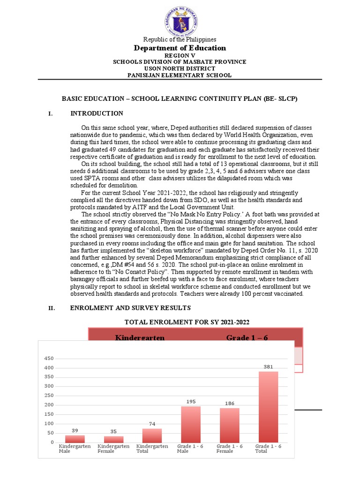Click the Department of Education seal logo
pyautogui.click(x=180, y=19)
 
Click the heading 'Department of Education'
pyautogui.click(x=180, y=48)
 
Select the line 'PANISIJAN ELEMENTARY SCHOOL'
pyautogui.click(x=180, y=75)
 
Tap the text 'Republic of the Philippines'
pyautogui.click(x=180, y=39)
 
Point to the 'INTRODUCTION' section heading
pyautogui.click(x=97, y=113)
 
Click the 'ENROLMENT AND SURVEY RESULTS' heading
pyautogui.click(x=130, y=308)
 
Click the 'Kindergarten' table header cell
pyautogui.click(x=140, y=337)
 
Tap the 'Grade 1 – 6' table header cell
pyautogui.click(x=247, y=337)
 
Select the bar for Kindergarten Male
pyautogui.click(x=75, y=439)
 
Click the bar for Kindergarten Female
pyautogui.click(x=114, y=439)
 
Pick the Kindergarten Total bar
pyautogui.click(x=152, y=435)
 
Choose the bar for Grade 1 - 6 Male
pyautogui.click(x=191, y=424)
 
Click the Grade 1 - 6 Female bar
pyautogui.click(x=230, y=425)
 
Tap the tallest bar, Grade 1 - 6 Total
pyautogui.click(x=268, y=407)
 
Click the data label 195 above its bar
pyautogui.click(x=191, y=402)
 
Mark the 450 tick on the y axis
pyautogui.click(x=49, y=359)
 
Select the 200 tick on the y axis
pyautogui.click(x=49, y=405)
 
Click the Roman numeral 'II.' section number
pyautogui.click(x=52, y=308)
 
